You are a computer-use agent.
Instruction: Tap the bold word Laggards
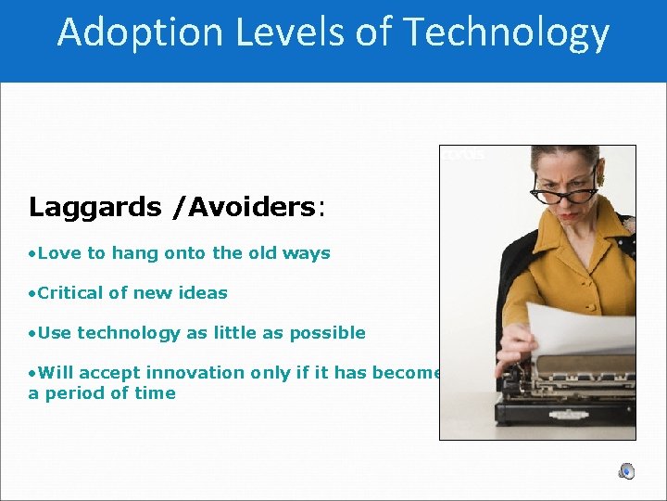[95, 207]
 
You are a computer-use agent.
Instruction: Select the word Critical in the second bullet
[71, 292]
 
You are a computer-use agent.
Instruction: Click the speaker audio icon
[627, 470]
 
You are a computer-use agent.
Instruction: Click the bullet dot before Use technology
[31, 333]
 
